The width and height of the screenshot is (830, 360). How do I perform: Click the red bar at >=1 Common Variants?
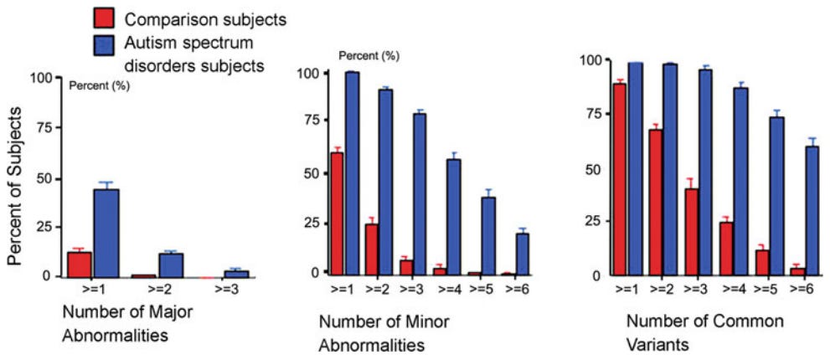[619, 179]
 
